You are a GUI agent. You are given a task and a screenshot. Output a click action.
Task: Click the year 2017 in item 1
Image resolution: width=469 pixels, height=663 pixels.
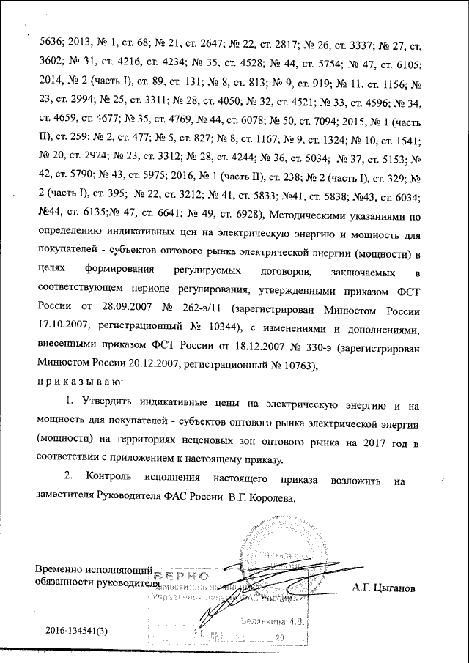coord(387,442)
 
